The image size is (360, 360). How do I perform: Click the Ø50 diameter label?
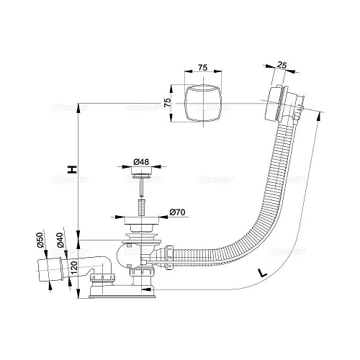coord(40,240)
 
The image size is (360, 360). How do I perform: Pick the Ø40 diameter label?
coord(60,240)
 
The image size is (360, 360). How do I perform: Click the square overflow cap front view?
coord(202,103)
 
